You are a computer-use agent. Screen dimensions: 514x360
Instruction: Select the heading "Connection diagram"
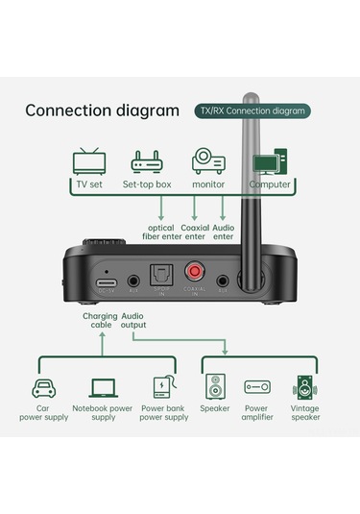[x=102, y=110]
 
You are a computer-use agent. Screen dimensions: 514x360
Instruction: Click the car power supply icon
[x=43, y=388]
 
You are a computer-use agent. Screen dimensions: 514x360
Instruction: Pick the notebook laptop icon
[x=104, y=388]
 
